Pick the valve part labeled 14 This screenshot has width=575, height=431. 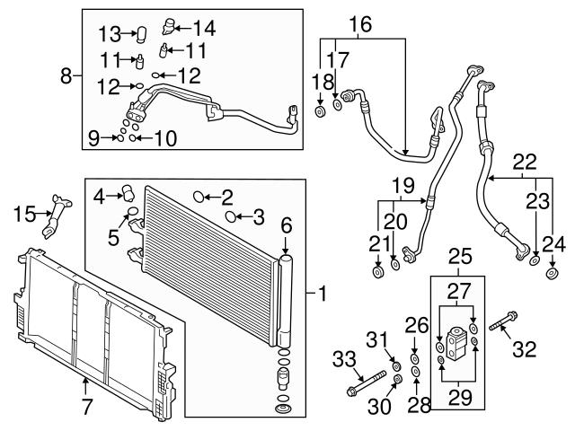tap(171, 29)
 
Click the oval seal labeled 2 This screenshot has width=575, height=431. tap(201, 196)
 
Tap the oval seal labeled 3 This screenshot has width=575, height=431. tap(231, 216)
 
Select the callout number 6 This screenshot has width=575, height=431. tap(287, 228)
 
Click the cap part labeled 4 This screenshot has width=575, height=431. tap(127, 191)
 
